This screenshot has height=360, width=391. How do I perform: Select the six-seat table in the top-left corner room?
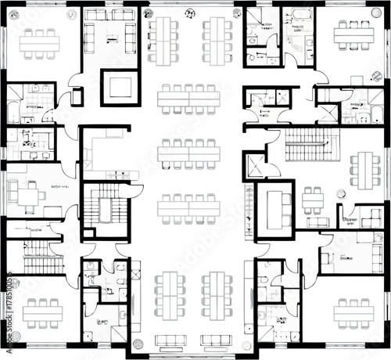click(40, 44)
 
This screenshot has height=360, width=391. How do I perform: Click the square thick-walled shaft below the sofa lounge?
click(119, 86)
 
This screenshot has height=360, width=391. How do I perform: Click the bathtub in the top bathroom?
click(300, 16)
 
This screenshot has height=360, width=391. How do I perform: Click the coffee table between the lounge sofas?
click(109, 34)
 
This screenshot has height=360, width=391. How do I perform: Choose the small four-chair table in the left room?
click(30, 196)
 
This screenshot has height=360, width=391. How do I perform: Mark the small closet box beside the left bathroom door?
click(77, 97)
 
